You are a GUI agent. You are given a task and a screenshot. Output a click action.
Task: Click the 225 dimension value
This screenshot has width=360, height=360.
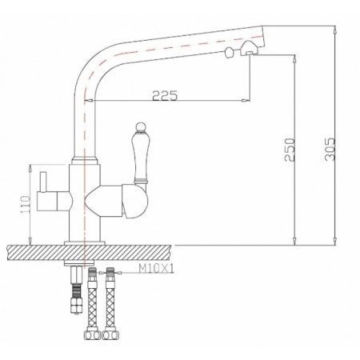(x=165, y=95)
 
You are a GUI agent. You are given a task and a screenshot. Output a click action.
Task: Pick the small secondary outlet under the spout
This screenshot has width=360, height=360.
(x=233, y=54)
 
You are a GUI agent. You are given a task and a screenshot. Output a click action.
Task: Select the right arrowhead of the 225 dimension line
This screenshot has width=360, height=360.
(x=245, y=101)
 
